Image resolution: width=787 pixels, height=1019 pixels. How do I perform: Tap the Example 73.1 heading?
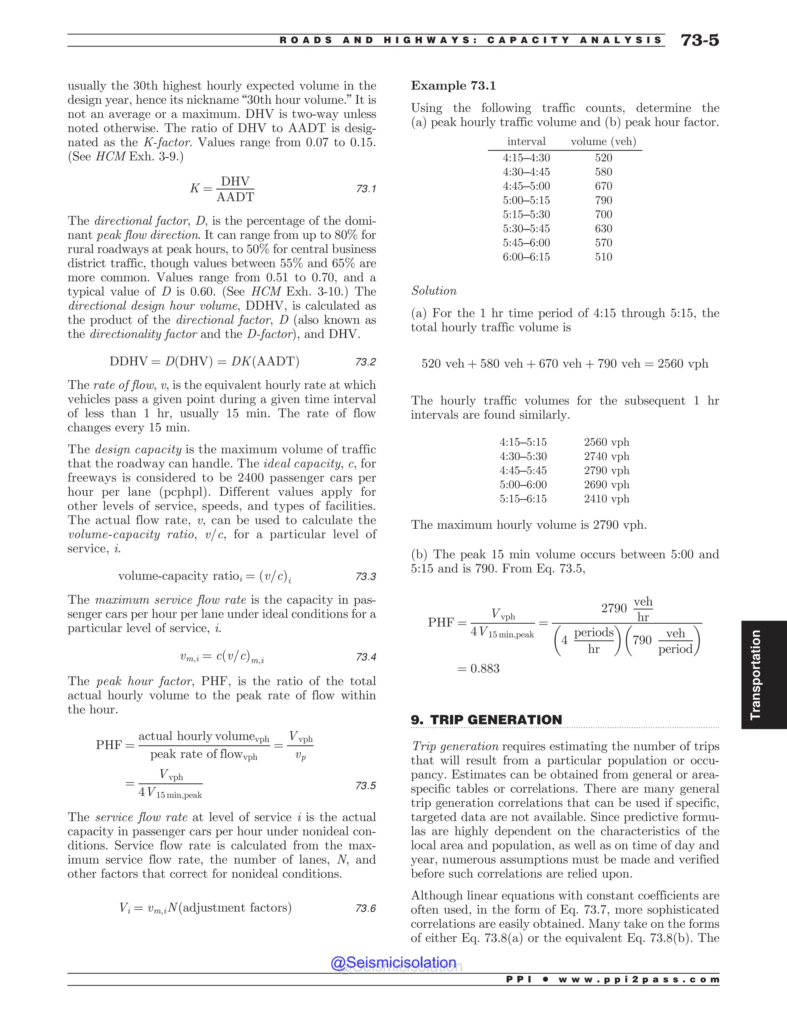tap(453, 86)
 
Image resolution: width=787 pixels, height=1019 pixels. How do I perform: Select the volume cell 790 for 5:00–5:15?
tap(603, 200)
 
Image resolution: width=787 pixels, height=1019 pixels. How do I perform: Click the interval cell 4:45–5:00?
tap(526, 186)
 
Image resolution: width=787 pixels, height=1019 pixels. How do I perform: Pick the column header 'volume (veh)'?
tap(603, 142)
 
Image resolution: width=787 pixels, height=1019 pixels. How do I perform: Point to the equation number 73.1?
tap(366, 189)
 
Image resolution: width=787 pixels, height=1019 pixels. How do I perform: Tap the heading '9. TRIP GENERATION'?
tap(486, 720)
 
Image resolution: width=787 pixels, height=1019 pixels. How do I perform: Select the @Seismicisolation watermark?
tap(393, 962)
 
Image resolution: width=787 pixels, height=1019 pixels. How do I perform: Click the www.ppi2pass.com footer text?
tap(639, 979)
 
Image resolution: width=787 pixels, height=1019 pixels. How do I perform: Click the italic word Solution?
tap(433, 291)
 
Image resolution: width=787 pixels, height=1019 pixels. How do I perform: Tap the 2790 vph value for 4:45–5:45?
tap(606, 470)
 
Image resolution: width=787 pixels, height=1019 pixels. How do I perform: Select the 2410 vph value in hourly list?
tap(606, 499)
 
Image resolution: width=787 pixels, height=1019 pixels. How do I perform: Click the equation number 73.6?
tap(365, 908)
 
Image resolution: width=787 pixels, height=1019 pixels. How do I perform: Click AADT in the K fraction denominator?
tap(236, 197)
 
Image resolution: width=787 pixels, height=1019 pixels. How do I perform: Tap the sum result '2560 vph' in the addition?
tap(682, 364)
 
